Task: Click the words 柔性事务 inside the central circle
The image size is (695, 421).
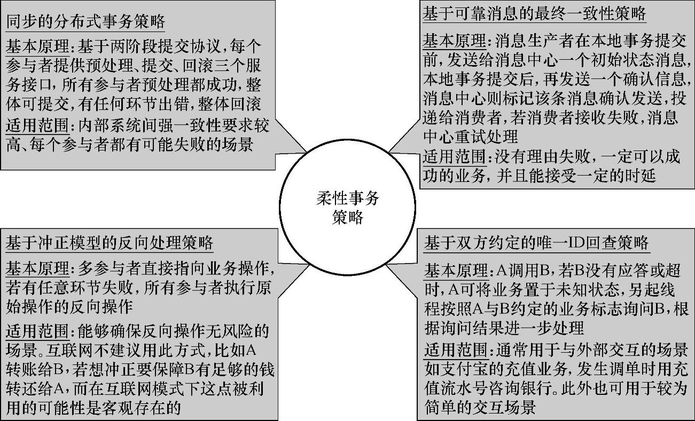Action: [x=347, y=199]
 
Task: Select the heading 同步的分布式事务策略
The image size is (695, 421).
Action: [x=85, y=23]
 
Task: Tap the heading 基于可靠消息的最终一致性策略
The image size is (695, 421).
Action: [x=535, y=13]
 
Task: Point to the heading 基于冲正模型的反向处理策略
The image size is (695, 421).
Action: [x=110, y=243]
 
